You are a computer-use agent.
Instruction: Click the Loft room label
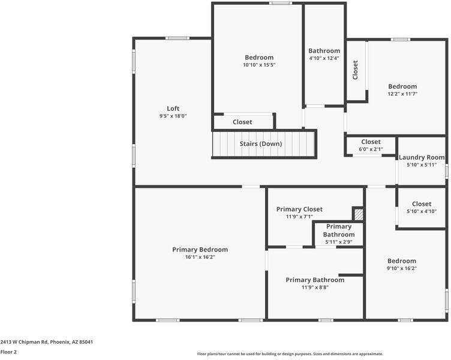[x=173, y=109]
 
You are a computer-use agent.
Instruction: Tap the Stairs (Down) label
[x=260, y=144]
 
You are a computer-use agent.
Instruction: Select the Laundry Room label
[x=422, y=157]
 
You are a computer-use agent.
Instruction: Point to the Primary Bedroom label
[x=200, y=250]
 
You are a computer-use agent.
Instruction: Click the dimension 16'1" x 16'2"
[x=200, y=257]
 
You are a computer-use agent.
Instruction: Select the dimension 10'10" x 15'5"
[x=259, y=65]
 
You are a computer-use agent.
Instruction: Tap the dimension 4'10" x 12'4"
[x=324, y=58]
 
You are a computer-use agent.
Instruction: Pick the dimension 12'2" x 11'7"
[x=402, y=94]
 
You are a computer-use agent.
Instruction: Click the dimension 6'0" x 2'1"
[x=371, y=149]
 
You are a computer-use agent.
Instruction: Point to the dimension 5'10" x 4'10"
[x=422, y=211]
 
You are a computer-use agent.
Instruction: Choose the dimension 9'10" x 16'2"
[x=401, y=268]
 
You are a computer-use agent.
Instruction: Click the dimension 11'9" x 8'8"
[x=315, y=287]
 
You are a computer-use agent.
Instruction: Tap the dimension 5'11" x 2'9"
[x=339, y=242]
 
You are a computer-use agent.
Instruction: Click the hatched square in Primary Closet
[x=358, y=214]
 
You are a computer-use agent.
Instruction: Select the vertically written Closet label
[x=355, y=70]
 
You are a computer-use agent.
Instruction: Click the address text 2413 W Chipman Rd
[x=46, y=341]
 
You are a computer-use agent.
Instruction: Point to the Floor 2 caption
[x=8, y=352]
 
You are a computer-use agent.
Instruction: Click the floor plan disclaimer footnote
[x=290, y=354]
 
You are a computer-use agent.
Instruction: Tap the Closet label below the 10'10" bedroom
[x=242, y=122]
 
